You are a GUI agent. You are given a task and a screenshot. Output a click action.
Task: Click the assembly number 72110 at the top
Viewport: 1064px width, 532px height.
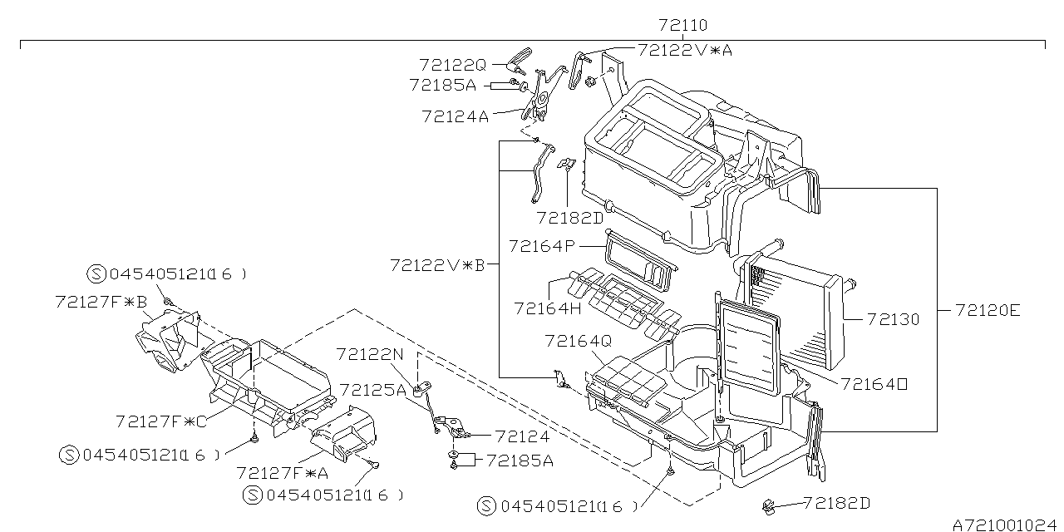[682, 25]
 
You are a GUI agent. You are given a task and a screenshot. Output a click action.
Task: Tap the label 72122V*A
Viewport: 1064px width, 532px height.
[685, 50]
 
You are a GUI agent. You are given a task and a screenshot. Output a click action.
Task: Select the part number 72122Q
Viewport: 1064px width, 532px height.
[453, 65]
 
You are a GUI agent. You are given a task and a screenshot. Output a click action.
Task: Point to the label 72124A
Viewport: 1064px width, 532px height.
[455, 116]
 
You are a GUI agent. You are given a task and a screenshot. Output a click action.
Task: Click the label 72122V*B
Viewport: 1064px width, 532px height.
[437, 265]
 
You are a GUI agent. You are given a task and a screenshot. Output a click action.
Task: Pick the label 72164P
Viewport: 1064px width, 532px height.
[542, 246]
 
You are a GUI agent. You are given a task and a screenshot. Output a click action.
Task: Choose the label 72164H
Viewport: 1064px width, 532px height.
[548, 308]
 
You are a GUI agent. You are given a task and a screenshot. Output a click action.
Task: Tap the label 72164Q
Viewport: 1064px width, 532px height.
[578, 341]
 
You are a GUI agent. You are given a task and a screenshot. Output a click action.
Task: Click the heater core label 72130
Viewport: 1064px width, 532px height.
[894, 319]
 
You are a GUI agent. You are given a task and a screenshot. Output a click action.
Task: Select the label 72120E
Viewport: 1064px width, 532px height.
[988, 311]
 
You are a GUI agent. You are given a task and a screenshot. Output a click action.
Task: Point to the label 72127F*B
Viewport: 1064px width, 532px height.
[101, 302]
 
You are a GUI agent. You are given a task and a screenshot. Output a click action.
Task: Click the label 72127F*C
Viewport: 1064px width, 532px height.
[161, 421]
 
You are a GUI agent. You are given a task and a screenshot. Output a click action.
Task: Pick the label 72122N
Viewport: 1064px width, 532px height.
[370, 354]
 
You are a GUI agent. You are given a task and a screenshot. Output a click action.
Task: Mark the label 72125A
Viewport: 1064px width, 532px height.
[373, 390]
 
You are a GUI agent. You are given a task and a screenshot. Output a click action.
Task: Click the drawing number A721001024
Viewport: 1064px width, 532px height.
[1007, 525]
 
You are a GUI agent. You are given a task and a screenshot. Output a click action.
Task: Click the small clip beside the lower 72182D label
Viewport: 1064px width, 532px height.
[769, 507]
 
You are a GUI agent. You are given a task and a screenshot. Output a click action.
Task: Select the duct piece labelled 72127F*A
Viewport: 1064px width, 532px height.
[343, 433]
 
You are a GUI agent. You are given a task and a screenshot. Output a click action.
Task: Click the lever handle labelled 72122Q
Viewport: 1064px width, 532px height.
[520, 61]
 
